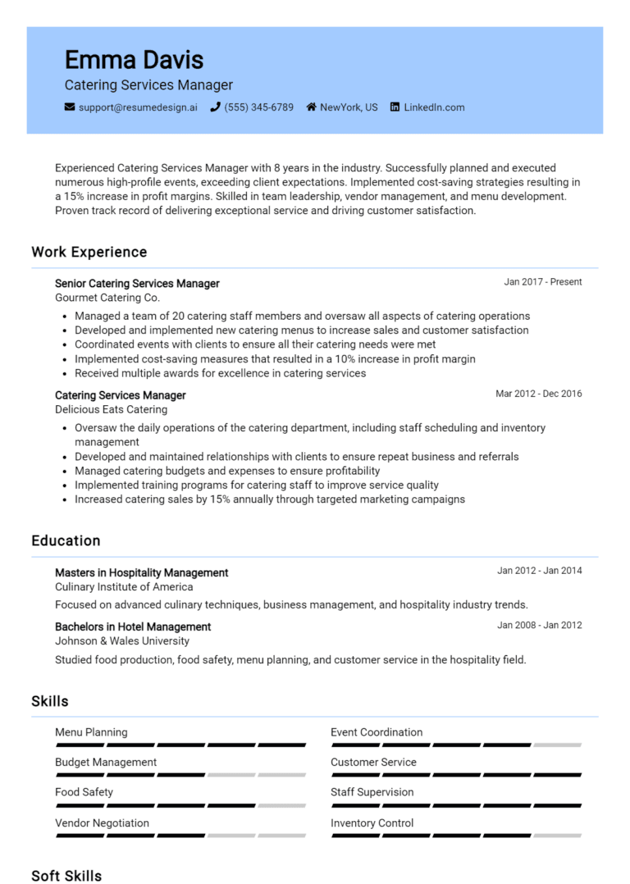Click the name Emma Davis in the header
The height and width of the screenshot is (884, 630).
coord(134,59)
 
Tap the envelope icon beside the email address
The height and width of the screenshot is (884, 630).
coord(70,107)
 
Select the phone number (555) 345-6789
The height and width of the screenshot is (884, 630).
coord(258,107)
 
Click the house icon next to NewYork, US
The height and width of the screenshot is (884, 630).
coord(312,107)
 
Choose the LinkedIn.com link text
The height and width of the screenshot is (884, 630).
coord(434,107)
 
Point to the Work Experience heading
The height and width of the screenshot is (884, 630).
coord(89,252)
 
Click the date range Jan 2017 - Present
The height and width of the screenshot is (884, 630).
coord(542,282)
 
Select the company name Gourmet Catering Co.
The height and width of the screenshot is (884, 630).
coord(107,298)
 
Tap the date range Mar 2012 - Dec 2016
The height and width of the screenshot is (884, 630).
coord(538,394)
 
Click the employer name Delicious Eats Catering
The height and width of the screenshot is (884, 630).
coord(111,409)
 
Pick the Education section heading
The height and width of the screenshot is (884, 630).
coord(66,540)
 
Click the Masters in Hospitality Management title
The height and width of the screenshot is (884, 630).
coord(141,572)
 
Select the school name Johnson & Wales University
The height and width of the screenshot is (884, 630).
coord(122,641)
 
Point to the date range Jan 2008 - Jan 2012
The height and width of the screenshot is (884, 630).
coord(539,625)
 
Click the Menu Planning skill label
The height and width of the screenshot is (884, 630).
coord(91,732)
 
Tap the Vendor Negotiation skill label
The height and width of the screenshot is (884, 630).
coord(102,822)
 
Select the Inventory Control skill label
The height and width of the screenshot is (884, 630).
coord(372,822)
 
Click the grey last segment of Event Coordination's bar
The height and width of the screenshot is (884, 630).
coord(557,745)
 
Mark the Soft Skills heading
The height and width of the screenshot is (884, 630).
coord(66,875)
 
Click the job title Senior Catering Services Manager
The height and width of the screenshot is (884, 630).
coord(137,284)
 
